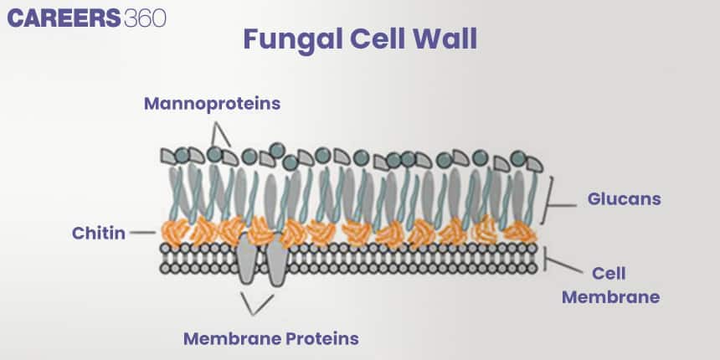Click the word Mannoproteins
tap(212, 104)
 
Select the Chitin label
tap(98, 234)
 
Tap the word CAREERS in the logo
tap(64, 18)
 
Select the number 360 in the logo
tap(144, 18)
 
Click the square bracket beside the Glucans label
tap(548, 199)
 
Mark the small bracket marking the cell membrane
tap(546, 257)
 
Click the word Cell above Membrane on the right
tap(609, 274)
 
